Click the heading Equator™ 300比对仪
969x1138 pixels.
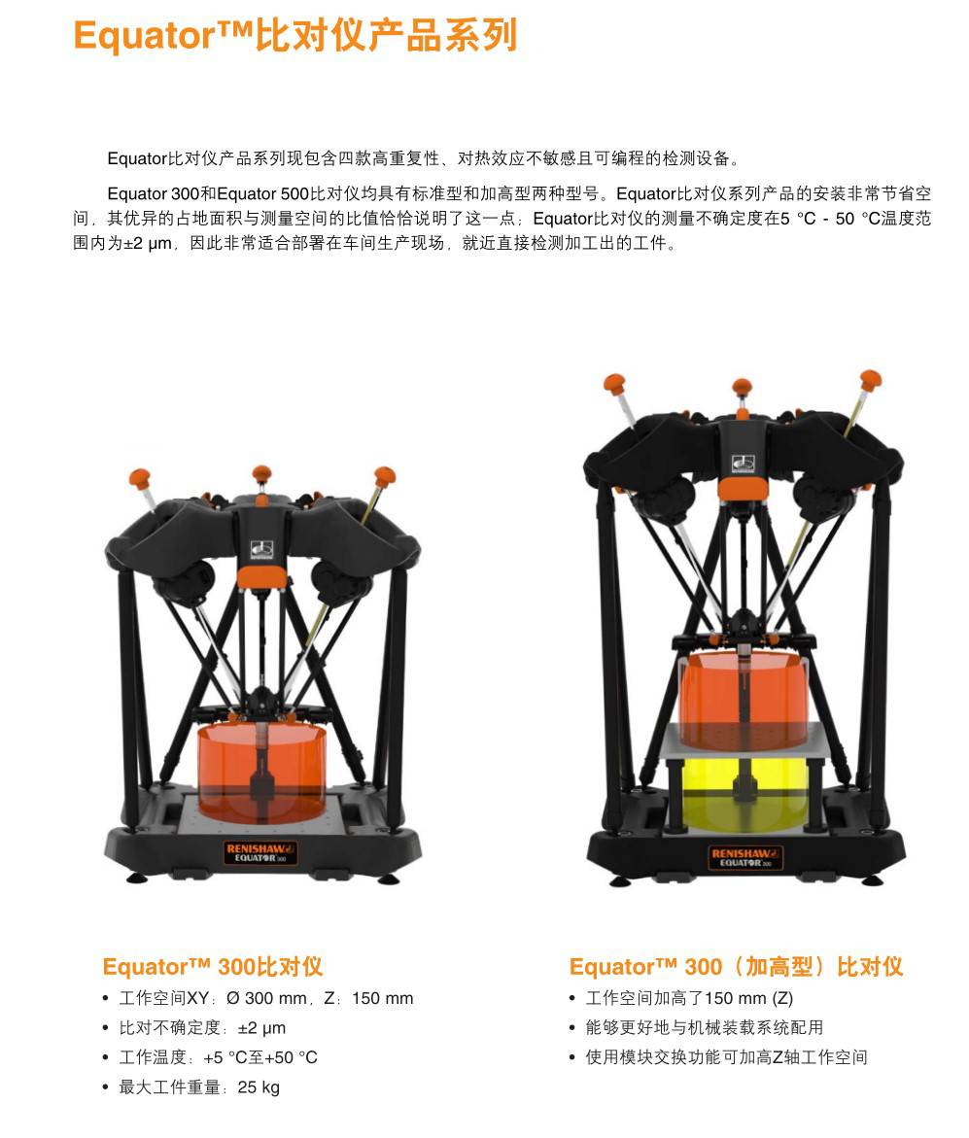click(212, 967)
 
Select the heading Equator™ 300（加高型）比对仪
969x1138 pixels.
click(736, 967)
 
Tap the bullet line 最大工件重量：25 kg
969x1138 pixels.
click(198, 1087)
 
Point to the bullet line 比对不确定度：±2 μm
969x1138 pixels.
click(202, 1028)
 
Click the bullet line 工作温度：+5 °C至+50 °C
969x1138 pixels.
click(218, 1058)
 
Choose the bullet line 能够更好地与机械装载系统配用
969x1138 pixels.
click(704, 1028)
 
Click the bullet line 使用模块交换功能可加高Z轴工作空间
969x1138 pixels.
click(726, 1058)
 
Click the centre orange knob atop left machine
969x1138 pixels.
click(261, 475)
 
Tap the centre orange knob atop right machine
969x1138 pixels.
click(743, 387)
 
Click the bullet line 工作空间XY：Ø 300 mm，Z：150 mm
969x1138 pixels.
click(265, 999)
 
